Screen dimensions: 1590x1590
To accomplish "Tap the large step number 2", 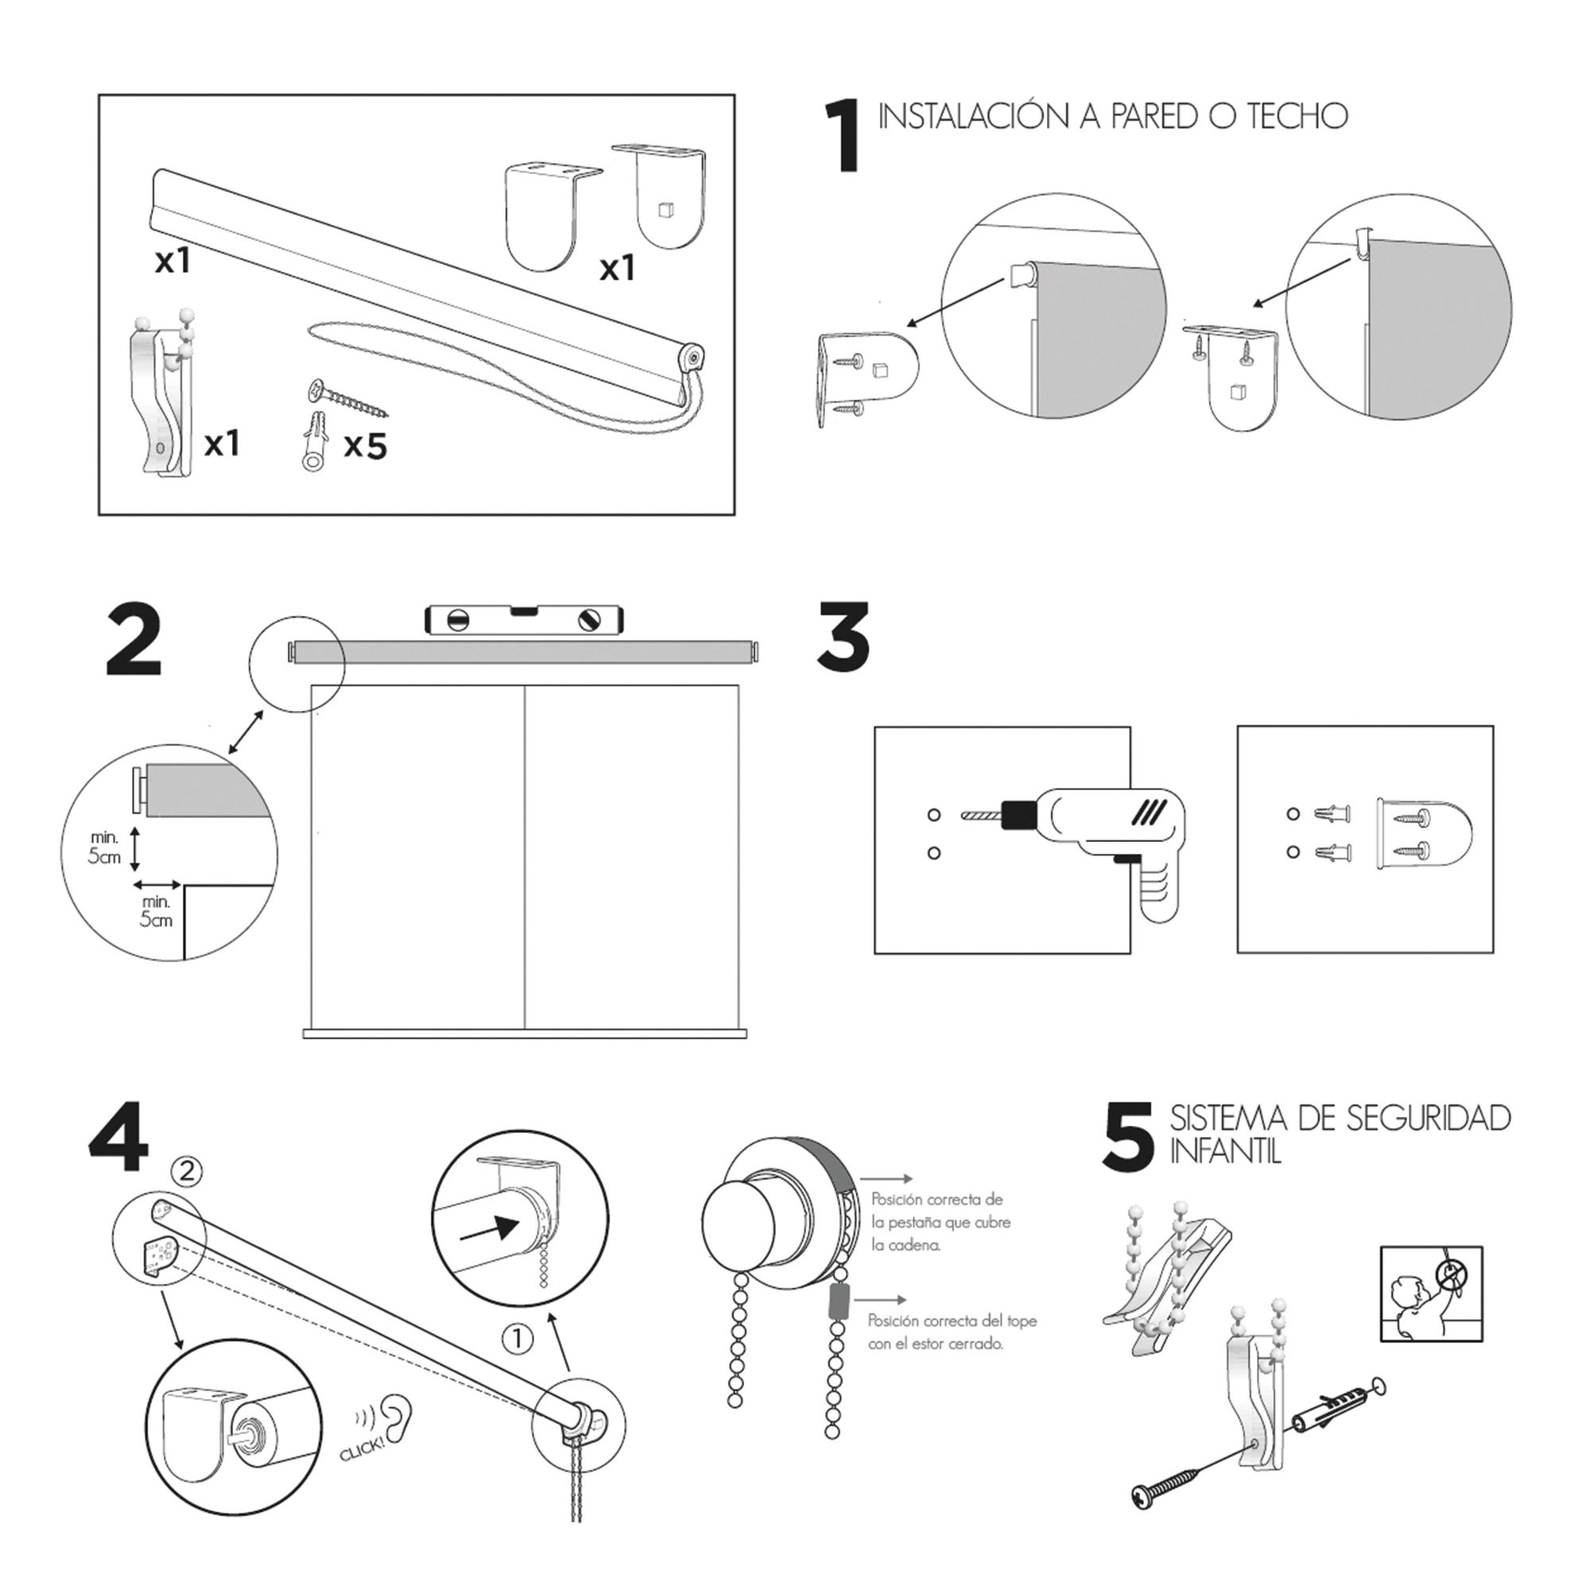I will tap(134, 641).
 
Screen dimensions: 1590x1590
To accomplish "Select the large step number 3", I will tap(843, 635).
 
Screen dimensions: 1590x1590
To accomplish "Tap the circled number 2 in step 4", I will tap(187, 1170).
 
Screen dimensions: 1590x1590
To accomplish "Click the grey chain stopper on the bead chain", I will tap(838, 1303).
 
